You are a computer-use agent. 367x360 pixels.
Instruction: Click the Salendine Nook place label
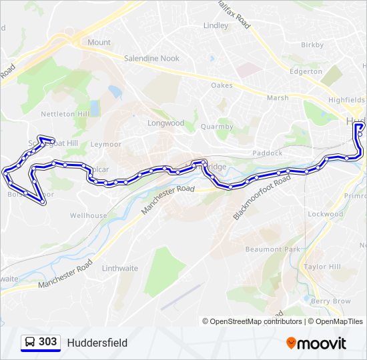[x=151, y=59]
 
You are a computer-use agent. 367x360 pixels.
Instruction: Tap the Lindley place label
[x=216, y=26]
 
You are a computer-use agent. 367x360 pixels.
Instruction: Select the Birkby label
[x=312, y=45]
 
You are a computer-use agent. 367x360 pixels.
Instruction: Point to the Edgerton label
[x=306, y=71]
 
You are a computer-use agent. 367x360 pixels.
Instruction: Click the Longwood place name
[x=165, y=123]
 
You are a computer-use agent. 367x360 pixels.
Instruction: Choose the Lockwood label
[x=325, y=214]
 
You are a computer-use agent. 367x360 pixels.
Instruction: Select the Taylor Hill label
[x=322, y=267]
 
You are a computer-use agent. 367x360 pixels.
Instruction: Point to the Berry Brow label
[x=330, y=301]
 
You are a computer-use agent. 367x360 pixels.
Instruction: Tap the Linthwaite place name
[x=120, y=269]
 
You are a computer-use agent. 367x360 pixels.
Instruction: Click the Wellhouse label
[x=88, y=216]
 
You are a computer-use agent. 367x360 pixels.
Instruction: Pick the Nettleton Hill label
[x=65, y=114]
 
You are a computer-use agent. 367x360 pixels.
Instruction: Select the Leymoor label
[x=105, y=144]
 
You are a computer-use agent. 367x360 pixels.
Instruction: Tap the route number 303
[x=47, y=342]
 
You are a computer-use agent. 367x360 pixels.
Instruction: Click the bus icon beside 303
[x=30, y=343]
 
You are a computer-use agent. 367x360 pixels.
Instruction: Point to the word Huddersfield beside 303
[x=97, y=343]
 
